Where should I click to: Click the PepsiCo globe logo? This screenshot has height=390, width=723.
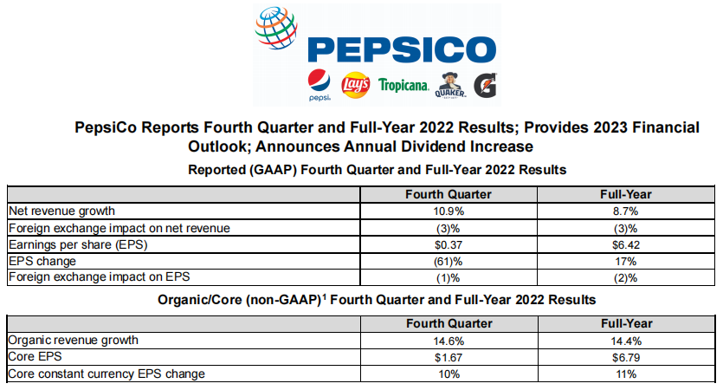pos(278,32)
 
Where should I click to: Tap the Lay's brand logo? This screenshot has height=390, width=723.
pos(356,85)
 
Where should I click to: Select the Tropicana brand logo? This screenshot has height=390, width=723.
pos(403,85)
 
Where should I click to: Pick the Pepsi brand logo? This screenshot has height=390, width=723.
pos(319,84)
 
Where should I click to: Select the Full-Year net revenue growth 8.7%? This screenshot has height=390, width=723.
pos(625,211)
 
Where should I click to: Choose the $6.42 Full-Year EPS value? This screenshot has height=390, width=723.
pos(625,244)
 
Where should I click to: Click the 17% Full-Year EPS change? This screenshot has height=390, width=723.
pos(625,261)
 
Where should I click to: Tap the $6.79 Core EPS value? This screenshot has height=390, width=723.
pos(625,357)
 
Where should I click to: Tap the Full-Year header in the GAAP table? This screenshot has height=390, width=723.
pos(625,194)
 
